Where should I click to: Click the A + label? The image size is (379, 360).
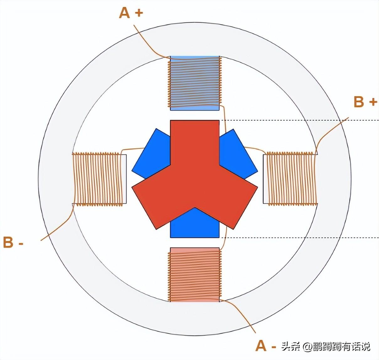click(x=131, y=13)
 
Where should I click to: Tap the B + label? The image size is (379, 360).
click(x=365, y=102)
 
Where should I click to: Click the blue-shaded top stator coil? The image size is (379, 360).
click(x=195, y=83)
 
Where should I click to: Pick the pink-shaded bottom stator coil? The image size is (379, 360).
click(x=195, y=275)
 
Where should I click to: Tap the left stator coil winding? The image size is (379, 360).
click(x=97, y=179)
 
